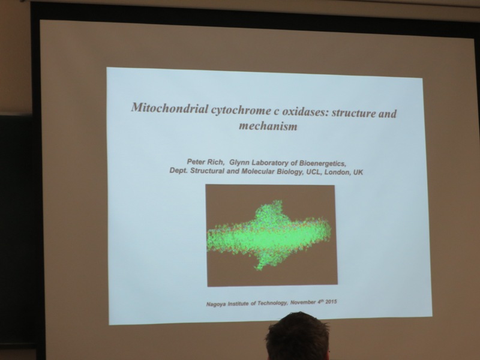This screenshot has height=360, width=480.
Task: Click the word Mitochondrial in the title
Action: point(170,108)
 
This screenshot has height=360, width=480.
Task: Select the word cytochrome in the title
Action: point(239,110)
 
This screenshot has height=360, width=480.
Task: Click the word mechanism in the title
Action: point(268,126)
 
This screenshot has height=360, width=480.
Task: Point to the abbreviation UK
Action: point(358,172)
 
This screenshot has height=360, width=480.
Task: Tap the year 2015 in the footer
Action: point(331,302)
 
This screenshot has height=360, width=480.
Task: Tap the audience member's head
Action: point(298,337)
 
